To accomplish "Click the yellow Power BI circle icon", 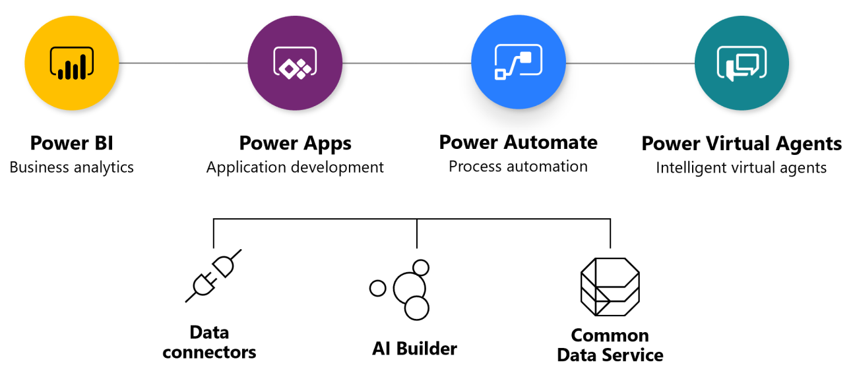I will (71, 63).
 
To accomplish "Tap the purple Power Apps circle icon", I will (295, 63).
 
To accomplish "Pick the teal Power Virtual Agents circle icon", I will (742, 63).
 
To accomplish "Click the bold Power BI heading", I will (71, 143).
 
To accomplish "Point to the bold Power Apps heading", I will (295, 143).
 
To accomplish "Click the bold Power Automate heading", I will (518, 142).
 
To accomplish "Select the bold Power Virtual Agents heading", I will (742, 144).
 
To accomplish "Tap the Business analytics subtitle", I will (71, 167).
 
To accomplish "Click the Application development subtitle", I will (295, 167).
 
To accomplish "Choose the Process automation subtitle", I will (518, 166).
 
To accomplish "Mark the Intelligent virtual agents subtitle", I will (741, 168).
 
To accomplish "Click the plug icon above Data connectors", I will (213, 275).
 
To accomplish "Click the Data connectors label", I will (209, 342).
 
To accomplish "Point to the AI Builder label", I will (414, 348).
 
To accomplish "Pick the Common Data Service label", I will (610, 345).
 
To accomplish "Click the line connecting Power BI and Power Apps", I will (183, 63).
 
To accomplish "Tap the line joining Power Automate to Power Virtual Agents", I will (630, 63).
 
